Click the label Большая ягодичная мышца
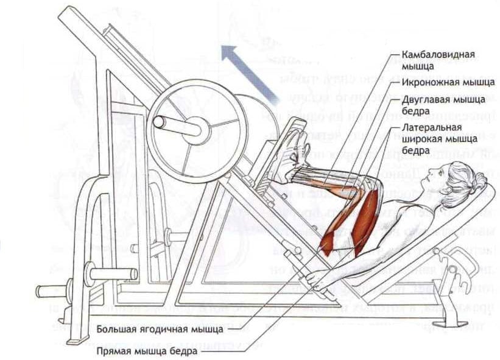pyautogui.click(x=160, y=330)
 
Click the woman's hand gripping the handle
pyautogui.click(x=313, y=277)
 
